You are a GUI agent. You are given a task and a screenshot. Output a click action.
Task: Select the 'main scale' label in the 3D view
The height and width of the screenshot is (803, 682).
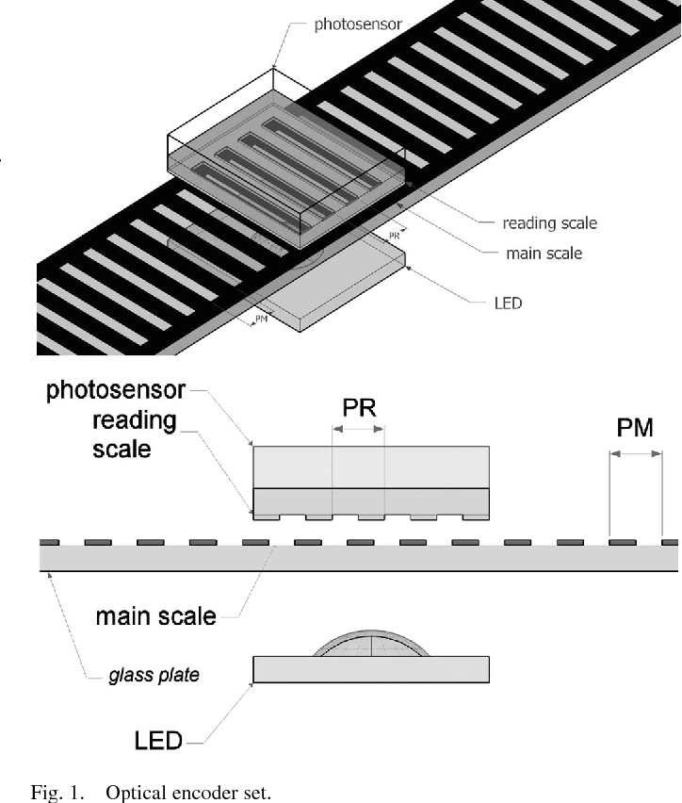(x=544, y=253)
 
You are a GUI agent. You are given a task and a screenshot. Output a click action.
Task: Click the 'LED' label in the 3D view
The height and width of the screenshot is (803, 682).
(x=508, y=303)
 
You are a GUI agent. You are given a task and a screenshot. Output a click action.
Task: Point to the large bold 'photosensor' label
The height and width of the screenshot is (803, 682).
(x=116, y=390)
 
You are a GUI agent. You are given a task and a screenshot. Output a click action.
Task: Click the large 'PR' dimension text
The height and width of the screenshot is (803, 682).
(x=359, y=410)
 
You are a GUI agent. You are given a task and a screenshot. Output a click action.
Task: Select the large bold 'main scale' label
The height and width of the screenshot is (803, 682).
(x=155, y=617)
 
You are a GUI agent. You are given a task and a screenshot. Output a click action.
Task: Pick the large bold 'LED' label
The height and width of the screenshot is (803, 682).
(x=157, y=740)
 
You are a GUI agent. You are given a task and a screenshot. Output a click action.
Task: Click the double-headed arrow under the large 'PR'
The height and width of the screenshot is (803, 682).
(x=359, y=430)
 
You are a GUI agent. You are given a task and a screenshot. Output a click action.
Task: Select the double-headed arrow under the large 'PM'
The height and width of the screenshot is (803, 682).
(x=636, y=456)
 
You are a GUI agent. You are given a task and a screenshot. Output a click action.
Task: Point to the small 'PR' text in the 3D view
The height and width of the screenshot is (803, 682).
(x=396, y=235)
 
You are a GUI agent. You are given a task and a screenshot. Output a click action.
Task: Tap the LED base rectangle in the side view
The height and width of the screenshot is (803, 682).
(x=371, y=669)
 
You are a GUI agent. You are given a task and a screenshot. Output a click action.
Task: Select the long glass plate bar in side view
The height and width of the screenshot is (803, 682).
(x=358, y=559)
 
